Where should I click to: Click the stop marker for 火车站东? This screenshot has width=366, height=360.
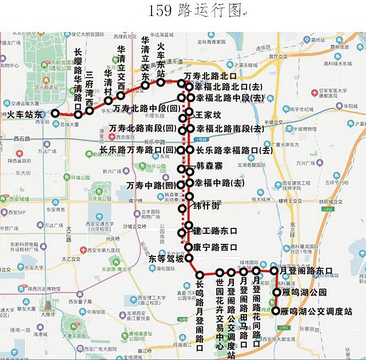click(x=55, y=113)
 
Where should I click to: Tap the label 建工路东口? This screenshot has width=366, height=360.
click(x=215, y=231)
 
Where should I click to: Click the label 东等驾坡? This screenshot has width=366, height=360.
click(x=166, y=259)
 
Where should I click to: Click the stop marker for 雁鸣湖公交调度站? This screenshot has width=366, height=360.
click(x=277, y=311)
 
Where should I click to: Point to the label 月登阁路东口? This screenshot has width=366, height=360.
click(x=309, y=270)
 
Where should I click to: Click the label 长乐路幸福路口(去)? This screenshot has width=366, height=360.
click(x=234, y=150)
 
